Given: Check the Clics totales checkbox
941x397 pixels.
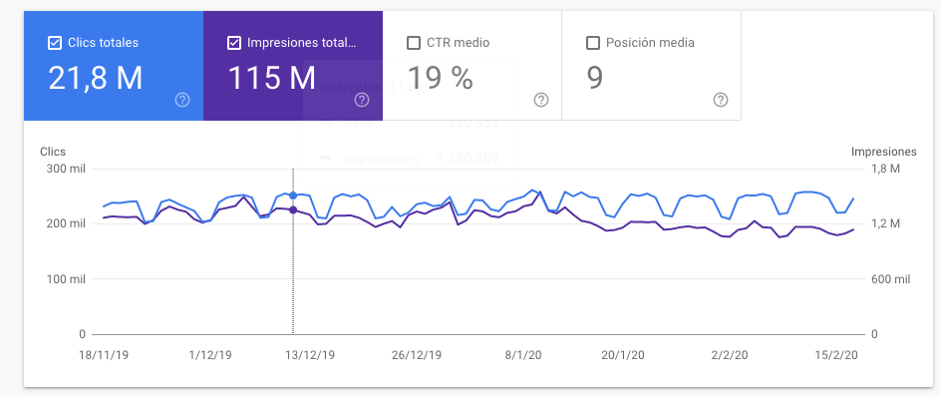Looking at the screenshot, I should click(55, 43).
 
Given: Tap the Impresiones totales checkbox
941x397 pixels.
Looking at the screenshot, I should click(234, 43).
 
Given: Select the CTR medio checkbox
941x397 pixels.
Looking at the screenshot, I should click(414, 43).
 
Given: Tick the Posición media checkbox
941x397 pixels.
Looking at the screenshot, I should click(593, 43).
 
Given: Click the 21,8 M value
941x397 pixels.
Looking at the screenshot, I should click(96, 78).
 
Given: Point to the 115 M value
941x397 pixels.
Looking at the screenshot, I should click(272, 78).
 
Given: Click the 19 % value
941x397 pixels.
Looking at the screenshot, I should click(440, 78).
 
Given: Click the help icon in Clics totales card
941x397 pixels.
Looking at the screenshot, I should click(182, 100).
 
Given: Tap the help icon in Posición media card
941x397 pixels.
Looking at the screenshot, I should click(721, 100).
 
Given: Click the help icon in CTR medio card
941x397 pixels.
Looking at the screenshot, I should click(541, 100).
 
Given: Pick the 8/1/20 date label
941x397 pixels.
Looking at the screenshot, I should click(522, 354).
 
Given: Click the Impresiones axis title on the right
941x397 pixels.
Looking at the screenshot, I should click(882, 151).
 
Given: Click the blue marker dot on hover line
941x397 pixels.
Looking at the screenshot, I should click(292, 196).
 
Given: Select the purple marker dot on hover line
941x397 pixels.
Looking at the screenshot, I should click(292, 209).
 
